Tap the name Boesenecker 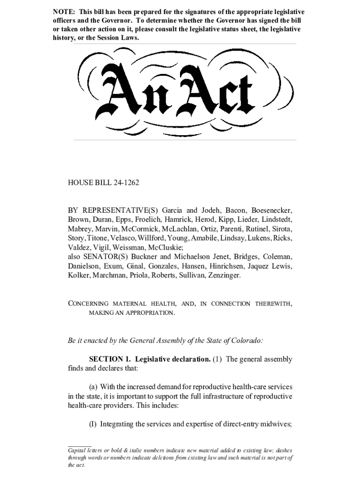pyautogui.click(x=272, y=210)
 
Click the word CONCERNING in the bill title pyautogui.click(x=88, y=304)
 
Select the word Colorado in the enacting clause pyautogui.click(x=245, y=340)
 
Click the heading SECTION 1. pyautogui.click(x=110, y=359)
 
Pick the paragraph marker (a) pyautogui.click(x=93, y=387)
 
